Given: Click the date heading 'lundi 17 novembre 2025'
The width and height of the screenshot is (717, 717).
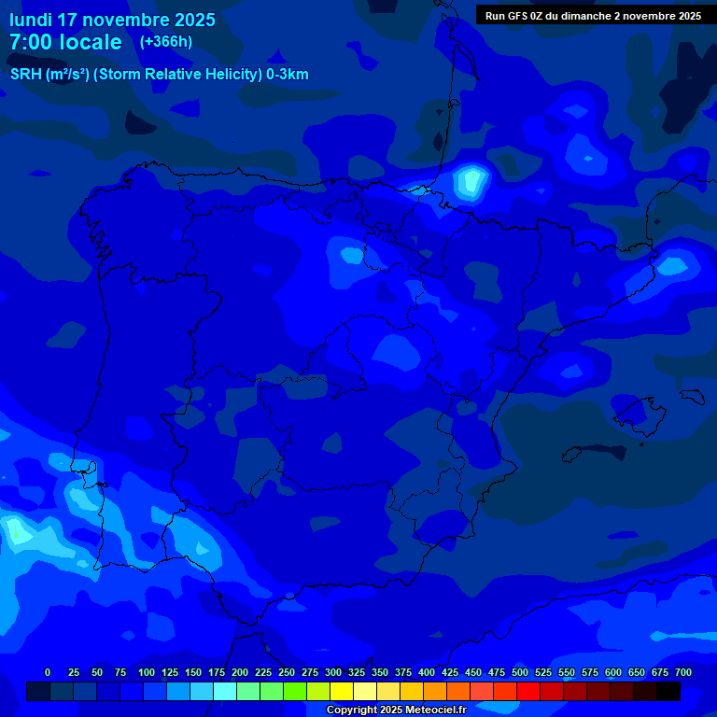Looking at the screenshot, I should pos(112,20).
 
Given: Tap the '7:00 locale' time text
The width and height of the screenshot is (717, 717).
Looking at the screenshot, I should pos(65,42).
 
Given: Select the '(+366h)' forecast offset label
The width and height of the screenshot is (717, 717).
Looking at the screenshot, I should pos(165,42).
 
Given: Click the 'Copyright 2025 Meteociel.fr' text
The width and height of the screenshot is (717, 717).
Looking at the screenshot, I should pos(396,710).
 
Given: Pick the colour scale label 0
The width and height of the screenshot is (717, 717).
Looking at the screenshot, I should pos(48,672).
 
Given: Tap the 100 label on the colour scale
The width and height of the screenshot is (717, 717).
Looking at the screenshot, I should pos(146,672).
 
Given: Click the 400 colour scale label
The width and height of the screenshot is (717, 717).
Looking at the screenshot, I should pos(426,672).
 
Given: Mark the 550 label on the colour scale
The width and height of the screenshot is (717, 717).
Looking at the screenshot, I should pos(566,672).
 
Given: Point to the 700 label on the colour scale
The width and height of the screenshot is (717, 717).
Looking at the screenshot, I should pos(682,672).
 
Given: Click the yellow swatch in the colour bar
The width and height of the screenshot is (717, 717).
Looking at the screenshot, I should pos(342,692).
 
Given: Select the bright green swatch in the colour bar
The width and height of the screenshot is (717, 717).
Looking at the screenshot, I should pos(295,692).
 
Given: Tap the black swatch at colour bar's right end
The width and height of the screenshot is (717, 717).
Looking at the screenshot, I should pos(668,692).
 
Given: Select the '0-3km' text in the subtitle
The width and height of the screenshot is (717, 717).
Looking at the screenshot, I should pos(288,75).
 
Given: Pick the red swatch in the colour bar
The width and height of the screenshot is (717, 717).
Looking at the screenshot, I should pos(528,692).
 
